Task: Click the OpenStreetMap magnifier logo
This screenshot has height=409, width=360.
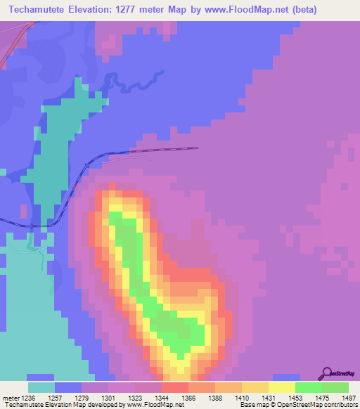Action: tap(328, 373)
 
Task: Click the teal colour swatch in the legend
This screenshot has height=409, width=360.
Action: tap(41, 387)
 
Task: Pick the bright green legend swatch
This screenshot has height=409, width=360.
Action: tap(309, 387)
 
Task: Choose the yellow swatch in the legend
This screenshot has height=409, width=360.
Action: tap(282, 387)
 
